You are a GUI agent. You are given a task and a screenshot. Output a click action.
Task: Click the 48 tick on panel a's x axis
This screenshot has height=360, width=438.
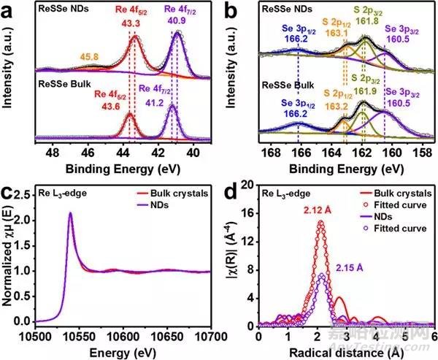coord(52,155)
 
